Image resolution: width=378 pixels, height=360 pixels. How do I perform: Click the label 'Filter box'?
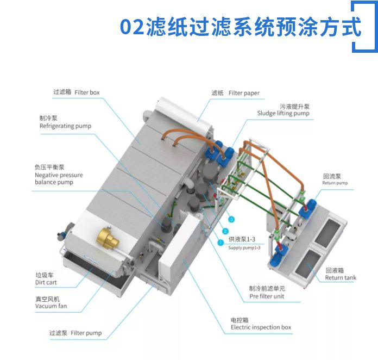(87, 92)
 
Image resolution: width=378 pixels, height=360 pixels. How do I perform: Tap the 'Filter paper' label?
(244, 93)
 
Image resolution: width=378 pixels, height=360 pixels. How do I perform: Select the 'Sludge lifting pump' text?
(283, 113)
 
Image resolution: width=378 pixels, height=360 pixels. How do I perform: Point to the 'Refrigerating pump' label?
(65, 126)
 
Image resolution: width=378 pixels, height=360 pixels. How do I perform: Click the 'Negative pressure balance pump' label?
(59, 178)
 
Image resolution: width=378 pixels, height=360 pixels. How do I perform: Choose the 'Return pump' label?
(335, 183)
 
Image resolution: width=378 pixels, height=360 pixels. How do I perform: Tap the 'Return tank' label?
(341, 278)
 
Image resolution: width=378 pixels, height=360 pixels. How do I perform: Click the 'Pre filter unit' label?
(267, 296)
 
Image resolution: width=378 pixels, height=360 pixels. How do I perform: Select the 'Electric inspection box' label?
(261, 327)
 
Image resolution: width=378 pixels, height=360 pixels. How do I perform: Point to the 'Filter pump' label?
(86, 333)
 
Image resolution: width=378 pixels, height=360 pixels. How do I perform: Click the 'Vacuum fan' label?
(51, 306)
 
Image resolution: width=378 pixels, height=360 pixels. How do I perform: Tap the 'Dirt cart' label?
(46, 282)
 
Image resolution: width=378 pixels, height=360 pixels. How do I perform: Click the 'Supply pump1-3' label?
(244, 248)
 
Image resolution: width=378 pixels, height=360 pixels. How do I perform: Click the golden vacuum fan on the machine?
(108, 238)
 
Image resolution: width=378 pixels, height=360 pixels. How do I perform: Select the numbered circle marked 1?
(220, 242)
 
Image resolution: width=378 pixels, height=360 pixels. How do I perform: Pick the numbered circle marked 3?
(231, 220)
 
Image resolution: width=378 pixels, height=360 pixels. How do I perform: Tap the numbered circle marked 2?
(225, 231)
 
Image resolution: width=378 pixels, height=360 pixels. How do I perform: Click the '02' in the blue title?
(132, 27)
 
